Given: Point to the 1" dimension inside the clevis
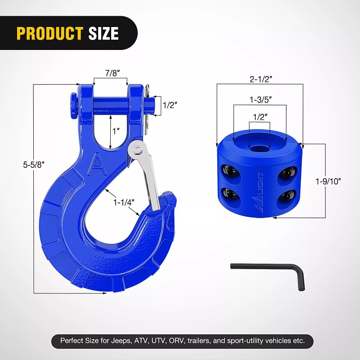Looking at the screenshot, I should pos(116,131).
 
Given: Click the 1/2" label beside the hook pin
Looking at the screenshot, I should pos(170,105).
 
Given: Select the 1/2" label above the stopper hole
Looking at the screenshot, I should pos(260,116).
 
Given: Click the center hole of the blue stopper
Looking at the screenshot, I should pos(259,148).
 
